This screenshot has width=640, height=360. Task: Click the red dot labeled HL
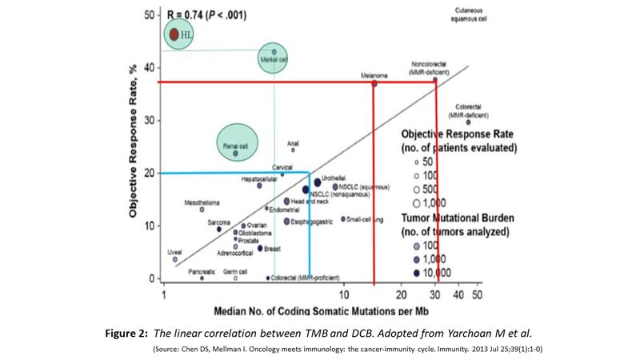tap(174, 34)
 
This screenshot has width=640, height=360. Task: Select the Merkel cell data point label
tap(274, 59)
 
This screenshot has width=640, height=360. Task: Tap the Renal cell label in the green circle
tap(235, 146)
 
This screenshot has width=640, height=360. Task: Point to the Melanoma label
tap(374, 76)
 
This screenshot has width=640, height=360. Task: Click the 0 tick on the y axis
tap(151, 278)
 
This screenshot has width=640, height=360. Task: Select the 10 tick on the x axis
tap(344, 294)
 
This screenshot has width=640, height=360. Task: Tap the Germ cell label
tap(235, 271)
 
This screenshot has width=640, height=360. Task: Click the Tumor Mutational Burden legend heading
tap(458, 218)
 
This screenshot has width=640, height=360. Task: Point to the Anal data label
tap(293, 143)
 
